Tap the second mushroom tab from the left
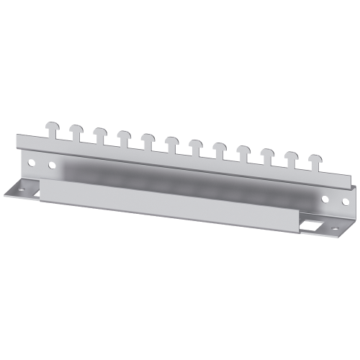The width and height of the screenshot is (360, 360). click(76, 130)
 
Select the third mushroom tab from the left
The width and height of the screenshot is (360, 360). click(99, 133)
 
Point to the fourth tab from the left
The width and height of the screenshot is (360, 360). click(124, 136)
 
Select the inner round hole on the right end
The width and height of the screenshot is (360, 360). click(324, 198)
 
